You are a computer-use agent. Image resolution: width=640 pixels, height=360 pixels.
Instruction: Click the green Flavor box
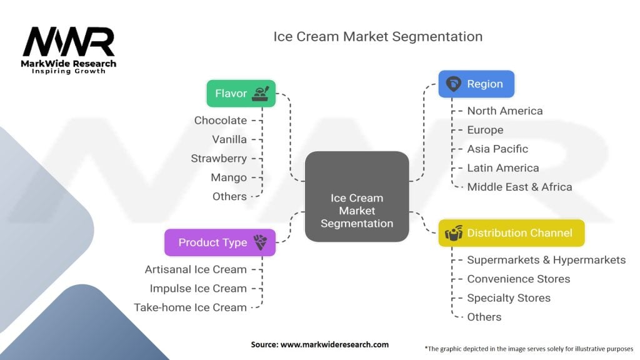[241, 94]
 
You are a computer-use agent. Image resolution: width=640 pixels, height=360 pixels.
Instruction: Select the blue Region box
[476, 84]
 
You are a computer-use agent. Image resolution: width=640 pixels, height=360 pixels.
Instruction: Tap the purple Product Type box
[219, 242]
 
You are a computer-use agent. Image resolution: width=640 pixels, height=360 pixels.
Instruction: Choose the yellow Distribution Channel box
[511, 233]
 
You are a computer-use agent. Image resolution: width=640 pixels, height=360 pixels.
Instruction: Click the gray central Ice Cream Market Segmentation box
[357, 196]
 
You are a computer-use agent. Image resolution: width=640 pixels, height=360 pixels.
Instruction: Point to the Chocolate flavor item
[221, 121]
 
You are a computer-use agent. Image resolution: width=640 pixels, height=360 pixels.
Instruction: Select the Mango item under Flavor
[229, 177]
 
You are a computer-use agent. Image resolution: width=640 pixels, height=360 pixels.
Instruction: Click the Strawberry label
[219, 158]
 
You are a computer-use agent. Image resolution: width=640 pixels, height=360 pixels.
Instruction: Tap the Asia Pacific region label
[497, 149]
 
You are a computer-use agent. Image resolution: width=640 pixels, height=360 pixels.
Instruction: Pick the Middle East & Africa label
[519, 187]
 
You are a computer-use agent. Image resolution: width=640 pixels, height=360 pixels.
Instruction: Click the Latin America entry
[503, 167]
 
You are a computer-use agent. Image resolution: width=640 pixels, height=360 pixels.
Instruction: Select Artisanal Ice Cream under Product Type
[196, 269]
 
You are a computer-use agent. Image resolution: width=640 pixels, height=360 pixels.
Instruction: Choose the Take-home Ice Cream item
[190, 307]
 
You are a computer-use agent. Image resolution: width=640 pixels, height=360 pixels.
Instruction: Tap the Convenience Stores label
[518, 279]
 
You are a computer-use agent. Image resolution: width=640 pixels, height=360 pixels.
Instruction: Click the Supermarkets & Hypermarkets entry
[546, 260]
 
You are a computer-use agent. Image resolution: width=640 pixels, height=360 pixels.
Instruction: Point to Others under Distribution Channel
[484, 317]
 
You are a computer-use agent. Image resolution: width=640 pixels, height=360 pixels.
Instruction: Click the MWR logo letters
[69, 42]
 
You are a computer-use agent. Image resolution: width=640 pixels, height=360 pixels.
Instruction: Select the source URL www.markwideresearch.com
[334, 344]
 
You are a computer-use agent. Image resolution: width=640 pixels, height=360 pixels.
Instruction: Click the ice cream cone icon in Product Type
[260, 242]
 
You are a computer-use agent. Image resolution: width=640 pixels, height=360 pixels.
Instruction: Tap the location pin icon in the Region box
[454, 84]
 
